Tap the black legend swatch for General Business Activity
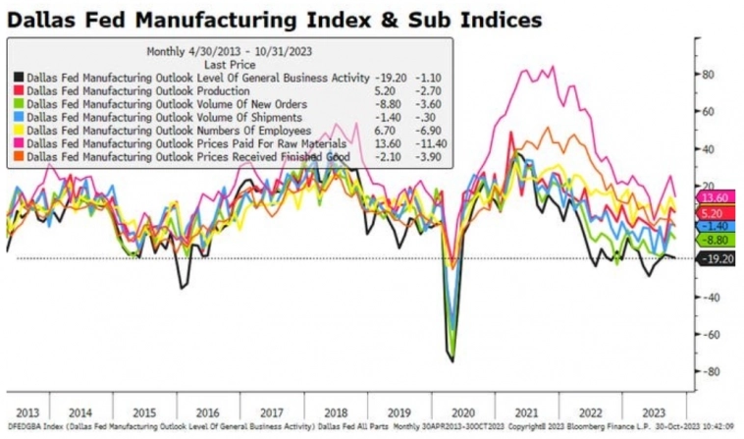(x=20, y=77)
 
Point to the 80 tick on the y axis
(x=706, y=74)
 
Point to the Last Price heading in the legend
(x=230, y=63)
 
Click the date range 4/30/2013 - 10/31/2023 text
(x=232, y=51)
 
